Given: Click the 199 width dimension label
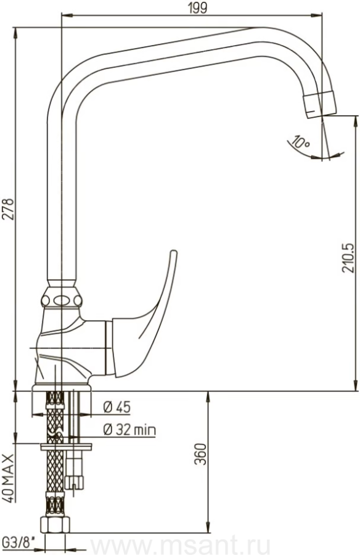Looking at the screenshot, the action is click(x=197, y=7).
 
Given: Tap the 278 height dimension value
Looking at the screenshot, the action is click(x=9, y=209).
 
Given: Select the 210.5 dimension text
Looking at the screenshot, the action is click(x=348, y=258).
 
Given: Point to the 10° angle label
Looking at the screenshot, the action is click(x=300, y=142).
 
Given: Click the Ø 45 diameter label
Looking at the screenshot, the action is click(x=117, y=408).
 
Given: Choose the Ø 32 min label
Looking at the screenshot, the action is click(x=129, y=430).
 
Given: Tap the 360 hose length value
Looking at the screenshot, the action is click(x=200, y=454).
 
